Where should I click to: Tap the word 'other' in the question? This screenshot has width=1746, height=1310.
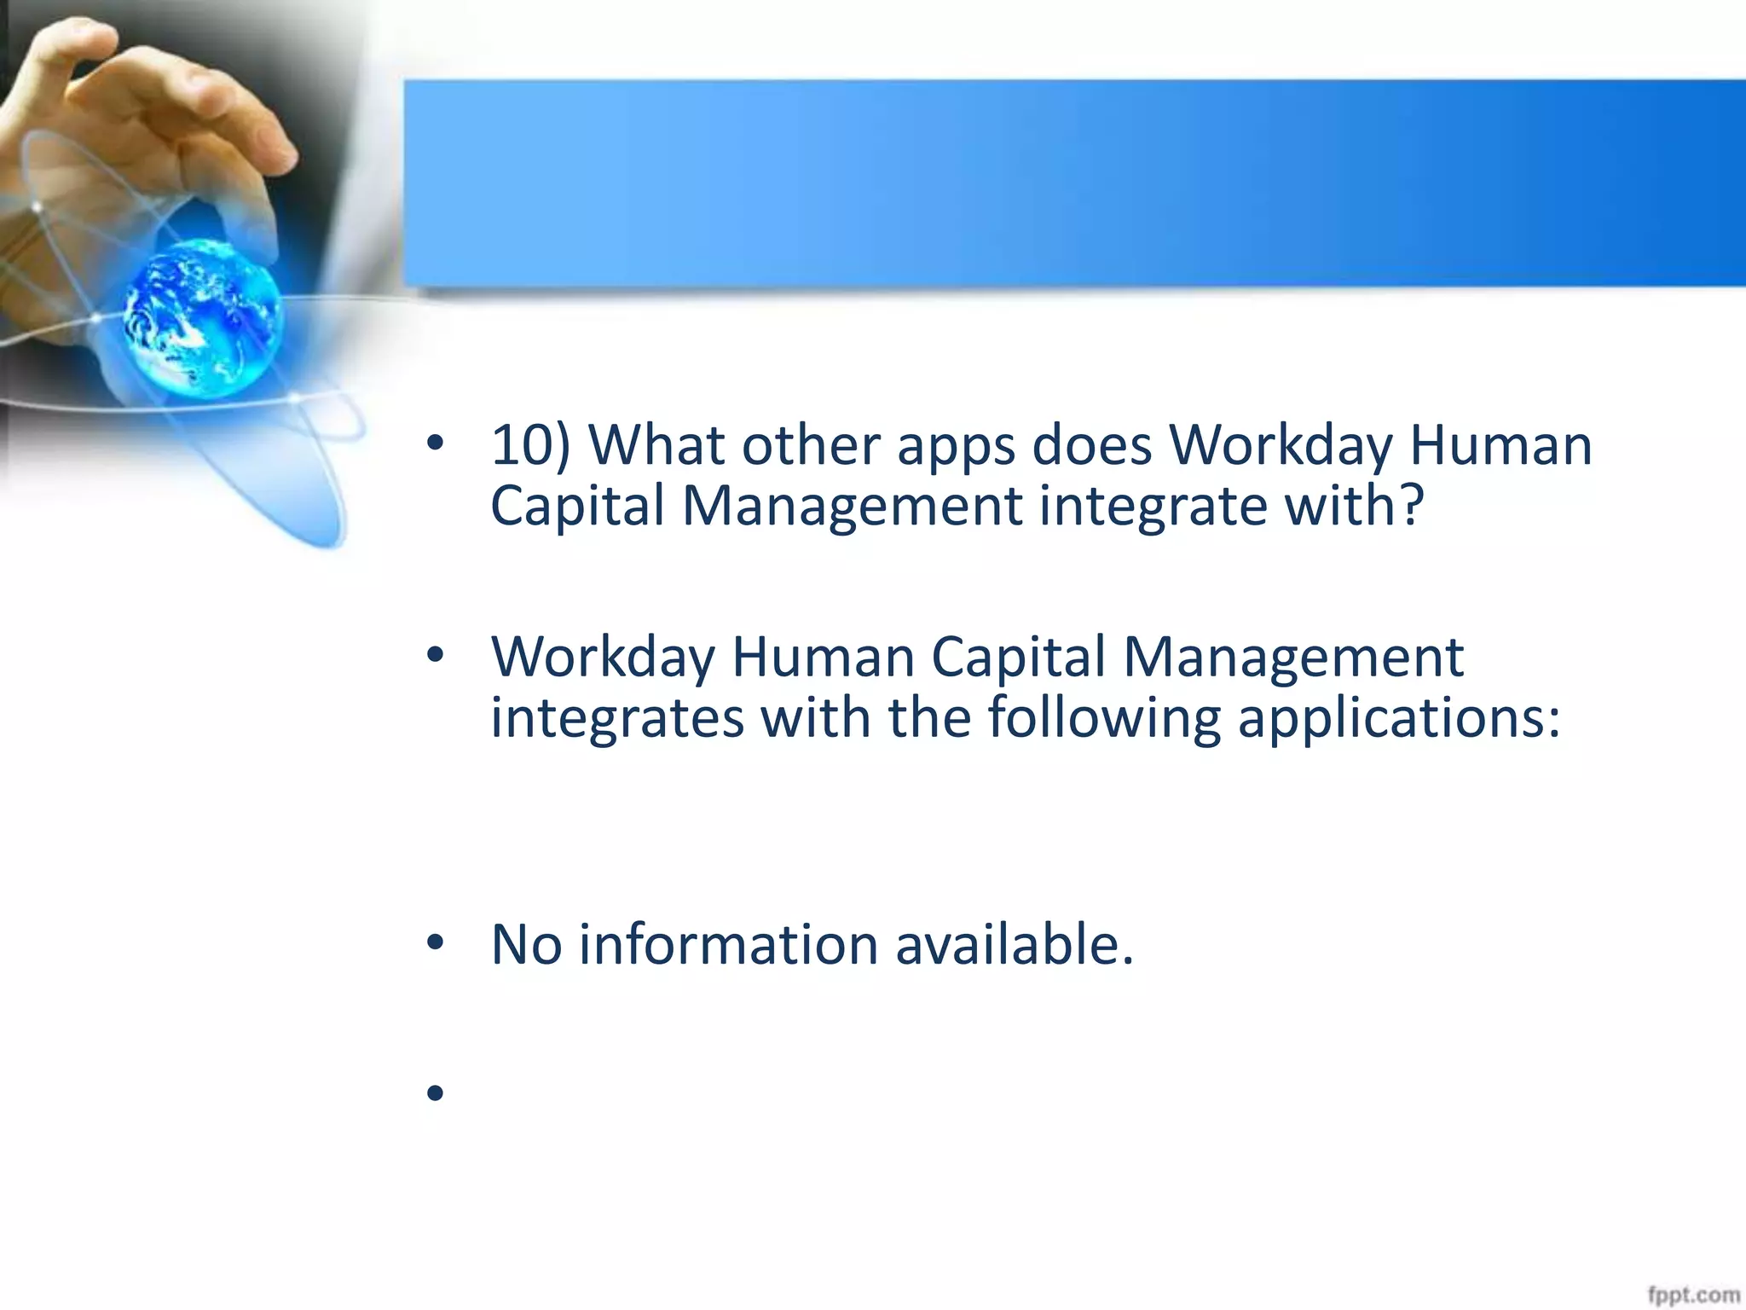tap(811, 446)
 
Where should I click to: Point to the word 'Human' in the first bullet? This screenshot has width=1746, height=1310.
tap(1500, 446)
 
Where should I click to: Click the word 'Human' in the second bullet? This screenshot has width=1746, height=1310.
tap(823, 658)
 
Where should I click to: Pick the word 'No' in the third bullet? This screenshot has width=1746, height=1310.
tap(526, 945)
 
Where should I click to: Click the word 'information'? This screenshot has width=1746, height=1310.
tap(728, 945)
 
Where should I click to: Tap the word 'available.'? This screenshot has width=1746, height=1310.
tap(1015, 945)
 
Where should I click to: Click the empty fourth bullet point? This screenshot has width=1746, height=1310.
tap(436, 1093)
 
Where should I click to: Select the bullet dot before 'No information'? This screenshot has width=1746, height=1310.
tap(436, 942)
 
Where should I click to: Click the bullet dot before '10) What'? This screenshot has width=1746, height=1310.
tap(436, 443)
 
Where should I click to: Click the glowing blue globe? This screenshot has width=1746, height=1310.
tap(203, 317)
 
